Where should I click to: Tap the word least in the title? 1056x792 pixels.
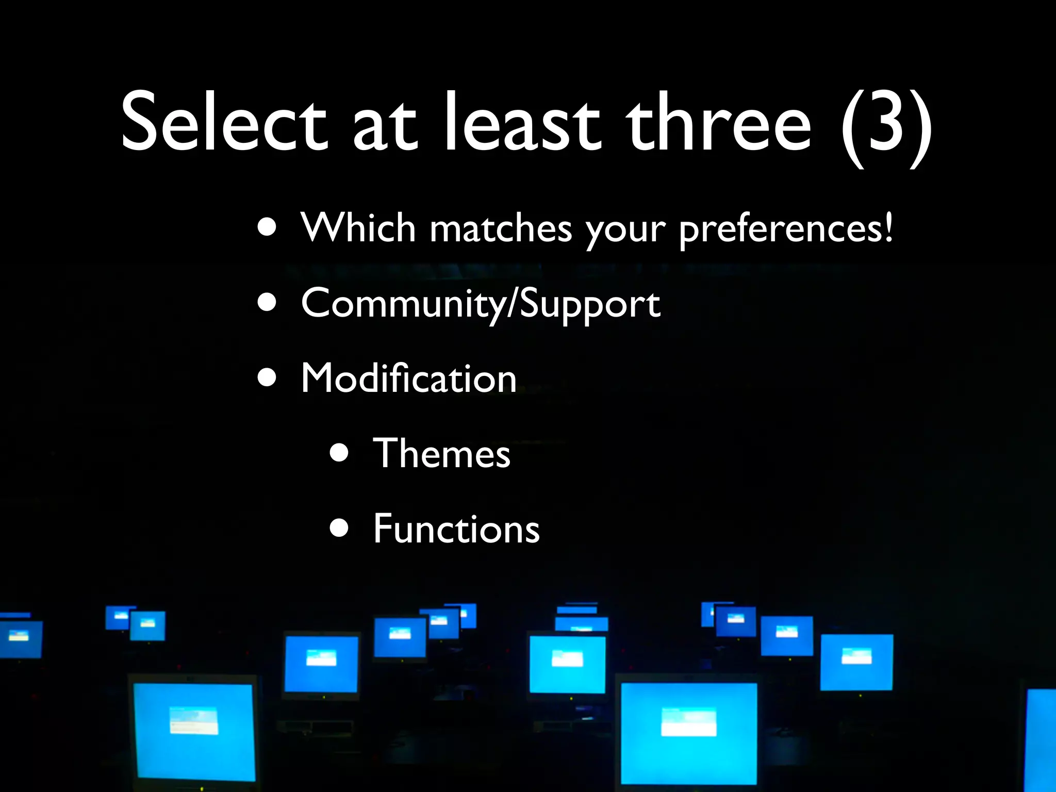pyautogui.click(x=522, y=123)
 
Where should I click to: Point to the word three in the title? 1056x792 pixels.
pyautogui.click(x=718, y=123)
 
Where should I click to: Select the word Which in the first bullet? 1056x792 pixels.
pyautogui.click(x=358, y=227)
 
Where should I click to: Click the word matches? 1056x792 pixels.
pyautogui.click(x=501, y=228)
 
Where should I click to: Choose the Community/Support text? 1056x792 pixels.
pyautogui.click(x=480, y=304)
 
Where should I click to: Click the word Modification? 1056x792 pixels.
pyautogui.click(x=408, y=378)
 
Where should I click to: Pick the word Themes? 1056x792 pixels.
pyautogui.click(x=441, y=454)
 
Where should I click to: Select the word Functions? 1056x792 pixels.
pyautogui.click(x=456, y=529)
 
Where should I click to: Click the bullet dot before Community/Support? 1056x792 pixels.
pyautogui.click(x=268, y=304)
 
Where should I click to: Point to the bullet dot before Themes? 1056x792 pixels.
pyautogui.click(x=339, y=454)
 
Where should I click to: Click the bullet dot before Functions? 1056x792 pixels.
pyautogui.click(x=339, y=529)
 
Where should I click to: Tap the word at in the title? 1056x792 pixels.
pyautogui.click(x=384, y=126)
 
